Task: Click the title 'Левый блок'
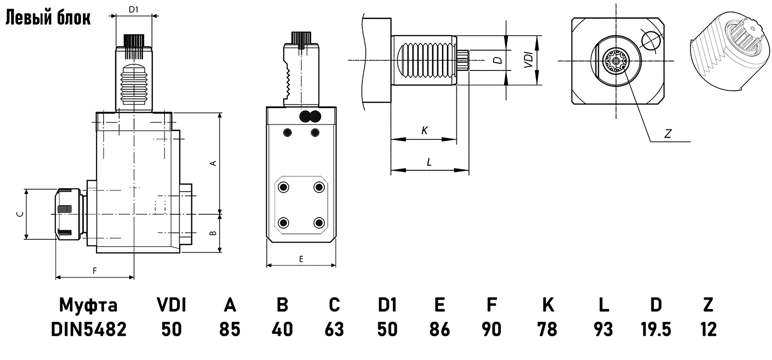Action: pos(48,18)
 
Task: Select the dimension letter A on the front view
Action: pos(213,163)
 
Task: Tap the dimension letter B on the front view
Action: pos(213,234)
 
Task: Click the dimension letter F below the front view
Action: pos(95,271)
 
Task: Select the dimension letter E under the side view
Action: pos(301,259)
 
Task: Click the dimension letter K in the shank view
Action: pos(424,130)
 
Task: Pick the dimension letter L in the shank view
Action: pos(429,162)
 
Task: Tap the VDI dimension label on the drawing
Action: pos(528,60)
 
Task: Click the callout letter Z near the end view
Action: pos(668,134)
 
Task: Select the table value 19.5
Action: pos(656,329)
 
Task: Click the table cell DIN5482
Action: pos(88,329)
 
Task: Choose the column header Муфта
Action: pos(88,305)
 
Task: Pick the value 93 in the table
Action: pos(603,329)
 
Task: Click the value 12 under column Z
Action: pos(708,329)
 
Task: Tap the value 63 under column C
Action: pos(334,329)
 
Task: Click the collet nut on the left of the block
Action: pos(67,214)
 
